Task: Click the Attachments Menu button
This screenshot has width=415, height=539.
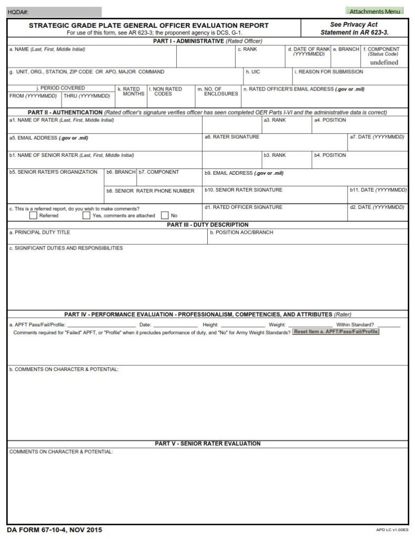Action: pos(374,11)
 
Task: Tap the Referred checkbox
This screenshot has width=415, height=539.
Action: pos(34,215)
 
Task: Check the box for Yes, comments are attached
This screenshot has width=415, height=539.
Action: pos(86,215)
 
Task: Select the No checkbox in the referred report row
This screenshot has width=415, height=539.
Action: pos(165,215)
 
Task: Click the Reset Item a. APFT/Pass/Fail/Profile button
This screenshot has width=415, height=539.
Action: pos(336,332)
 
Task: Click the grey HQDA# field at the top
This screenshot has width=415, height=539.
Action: pos(54,11)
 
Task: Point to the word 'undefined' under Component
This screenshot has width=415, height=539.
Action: pos(384,62)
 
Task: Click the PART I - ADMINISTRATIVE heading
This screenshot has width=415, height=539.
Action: pos(207,41)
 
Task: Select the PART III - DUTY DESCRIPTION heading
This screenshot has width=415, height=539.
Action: pos(207,225)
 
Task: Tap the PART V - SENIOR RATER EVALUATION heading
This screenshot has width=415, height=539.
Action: pos(207,444)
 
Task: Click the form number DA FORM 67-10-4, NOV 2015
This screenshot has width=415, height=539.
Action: pos(55,530)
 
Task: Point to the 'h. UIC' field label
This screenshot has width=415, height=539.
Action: pos(252,72)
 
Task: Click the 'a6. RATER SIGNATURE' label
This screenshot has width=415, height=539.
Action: pos(232,137)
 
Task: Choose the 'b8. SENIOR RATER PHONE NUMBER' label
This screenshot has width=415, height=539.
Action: pos(150,191)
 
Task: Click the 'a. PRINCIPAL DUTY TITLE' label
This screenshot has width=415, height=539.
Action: pos(39,232)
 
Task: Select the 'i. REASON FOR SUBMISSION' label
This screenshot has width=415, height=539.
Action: pos(329,72)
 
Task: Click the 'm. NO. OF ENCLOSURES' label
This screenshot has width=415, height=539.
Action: pos(218,92)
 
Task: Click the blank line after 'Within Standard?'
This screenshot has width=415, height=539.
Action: pos(389,325)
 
